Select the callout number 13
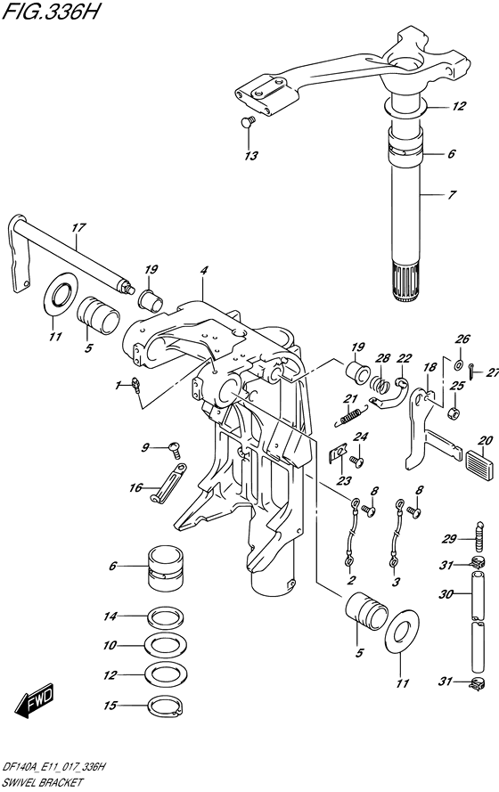[x=251, y=156]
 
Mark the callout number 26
[x=461, y=339]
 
